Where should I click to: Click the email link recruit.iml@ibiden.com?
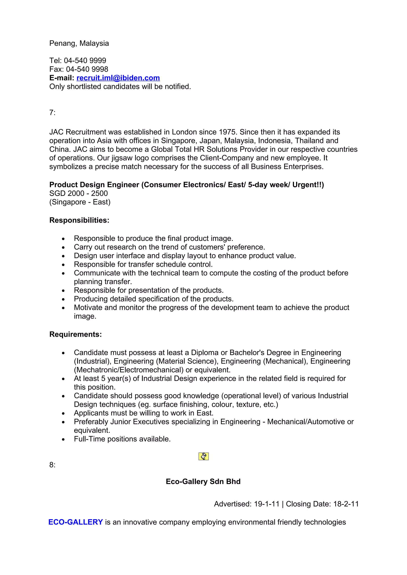pyautogui.click(x=118, y=78)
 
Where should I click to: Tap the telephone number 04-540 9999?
pyautogui.click(x=85, y=60)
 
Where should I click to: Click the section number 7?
pyautogui.click(x=52, y=113)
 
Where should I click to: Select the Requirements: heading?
pyautogui.click(x=76, y=334)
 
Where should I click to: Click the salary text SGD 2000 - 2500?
pyautogui.click(x=78, y=193)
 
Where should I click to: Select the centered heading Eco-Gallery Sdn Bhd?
pyautogui.click(x=203, y=481)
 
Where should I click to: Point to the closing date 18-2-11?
pyautogui.click(x=346, y=504)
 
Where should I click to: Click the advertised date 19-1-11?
pyautogui.click(x=266, y=504)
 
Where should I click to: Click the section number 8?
pyautogui.click(x=52, y=465)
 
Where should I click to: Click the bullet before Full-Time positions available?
pyautogui.click(x=63, y=439)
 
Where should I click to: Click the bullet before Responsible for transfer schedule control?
pyautogui.click(x=63, y=265)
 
